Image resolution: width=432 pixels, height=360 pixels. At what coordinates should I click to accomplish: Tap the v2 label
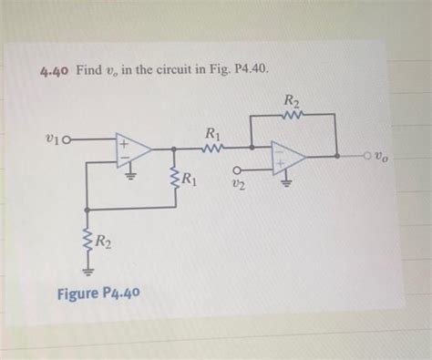238,186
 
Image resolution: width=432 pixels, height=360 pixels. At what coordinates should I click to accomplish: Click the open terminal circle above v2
239,169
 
